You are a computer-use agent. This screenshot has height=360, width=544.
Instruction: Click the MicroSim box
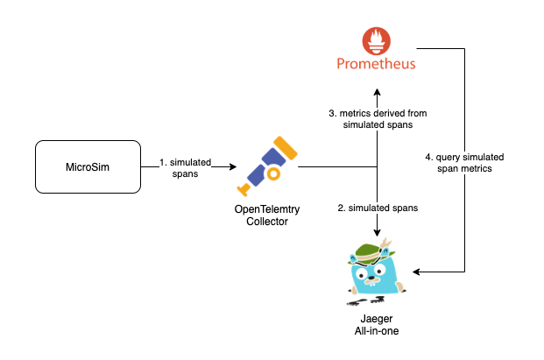pyautogui.click(x=87, y=166)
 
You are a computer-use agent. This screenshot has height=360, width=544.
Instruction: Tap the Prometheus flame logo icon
pyautogui.click(x=378, y=40)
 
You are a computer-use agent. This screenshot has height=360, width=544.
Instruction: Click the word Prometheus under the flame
pyautogui.click(x=378, y=64)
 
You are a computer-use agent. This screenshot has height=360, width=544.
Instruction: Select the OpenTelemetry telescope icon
pyautogui.click(x=266, y=166)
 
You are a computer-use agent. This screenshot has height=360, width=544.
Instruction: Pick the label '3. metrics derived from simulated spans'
pyautogui.click(x=378, y=119)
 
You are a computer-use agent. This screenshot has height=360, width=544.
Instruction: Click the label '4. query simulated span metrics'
pyautogui.click(x=464, y=161)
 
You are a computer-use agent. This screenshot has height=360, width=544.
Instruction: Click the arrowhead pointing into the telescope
pyautogui.click(x=232, y=166)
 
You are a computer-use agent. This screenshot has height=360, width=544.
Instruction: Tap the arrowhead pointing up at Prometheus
pyautogui.click(x=378, y=91)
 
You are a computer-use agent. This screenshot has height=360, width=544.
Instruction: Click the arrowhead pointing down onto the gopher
pyautogui.click(x=378, y=232)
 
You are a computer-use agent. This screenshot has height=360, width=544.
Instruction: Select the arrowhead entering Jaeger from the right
pyautogui.click(x=417, y=272)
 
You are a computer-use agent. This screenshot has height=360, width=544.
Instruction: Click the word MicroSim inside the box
pyautogui.click(x=87, y=166)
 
